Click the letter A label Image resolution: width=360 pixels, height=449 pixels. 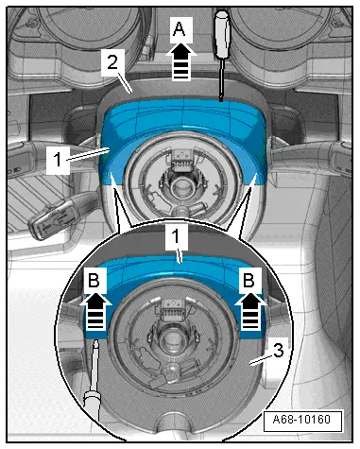[180, 30]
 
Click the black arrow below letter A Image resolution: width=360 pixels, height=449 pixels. [181, 62]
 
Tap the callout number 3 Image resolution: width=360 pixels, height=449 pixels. [279, 351]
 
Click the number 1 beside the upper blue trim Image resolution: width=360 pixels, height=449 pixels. [58, 160]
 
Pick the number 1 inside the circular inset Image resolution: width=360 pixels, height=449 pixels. [176, 236]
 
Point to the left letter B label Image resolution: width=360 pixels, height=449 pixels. [94, 280]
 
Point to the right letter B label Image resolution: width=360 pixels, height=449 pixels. [249, 280]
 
